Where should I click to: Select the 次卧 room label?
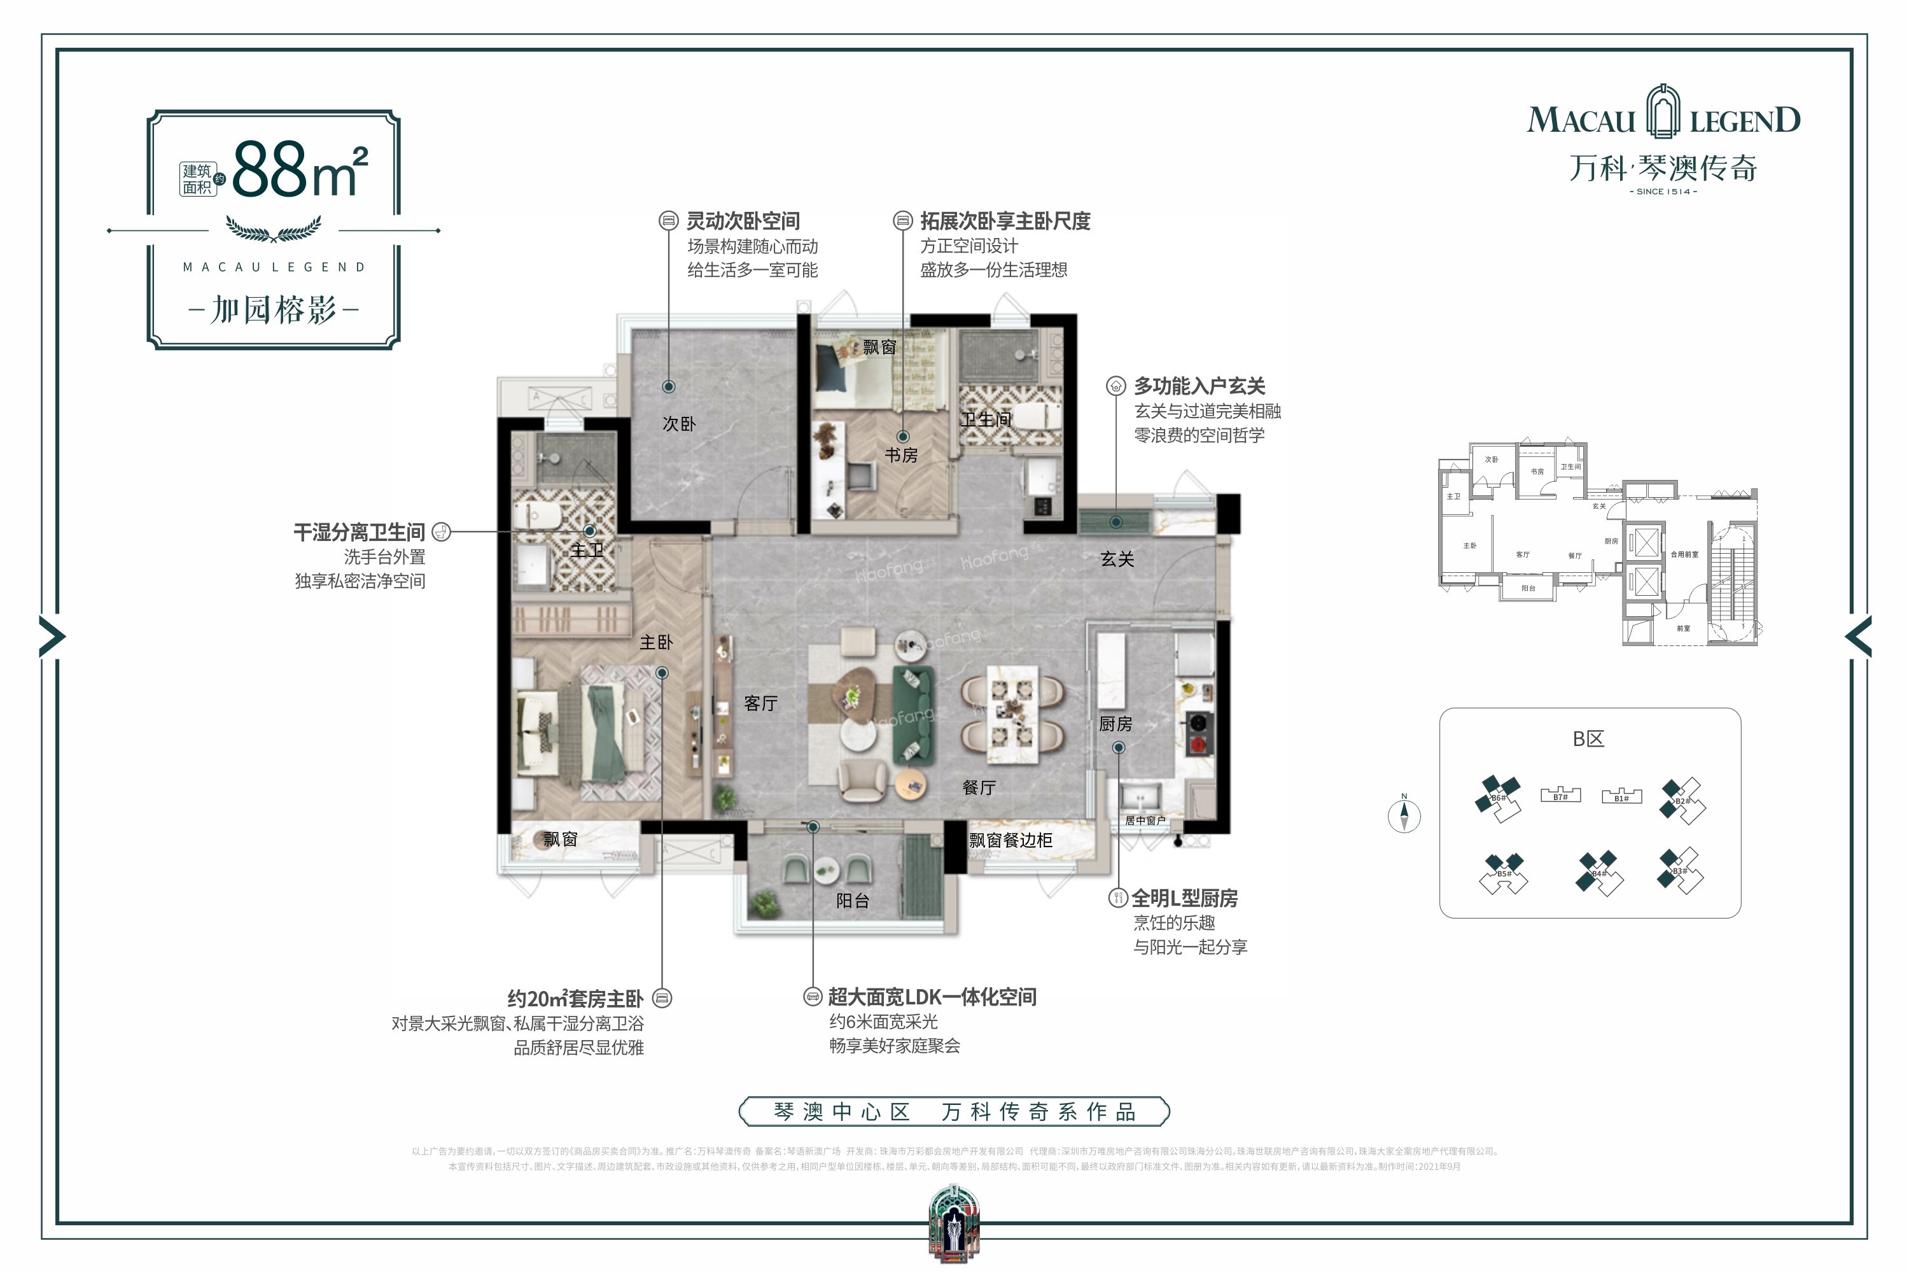coord(678,424)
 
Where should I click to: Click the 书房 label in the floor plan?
coord(901,456)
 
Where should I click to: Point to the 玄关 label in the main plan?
coord(1117,559)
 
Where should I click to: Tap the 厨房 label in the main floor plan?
coord(1115,723)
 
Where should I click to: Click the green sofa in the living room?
coord(913,714)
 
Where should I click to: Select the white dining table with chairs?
coord(1011,714)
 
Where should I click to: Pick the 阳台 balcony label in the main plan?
coord(852,901)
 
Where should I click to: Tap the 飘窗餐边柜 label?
coord(1010,840)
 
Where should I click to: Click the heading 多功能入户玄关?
coord(1199,386)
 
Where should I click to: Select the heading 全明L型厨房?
coord(1184,898)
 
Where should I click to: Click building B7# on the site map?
coord(1560,796)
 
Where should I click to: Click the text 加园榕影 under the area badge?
coord(274,309)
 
